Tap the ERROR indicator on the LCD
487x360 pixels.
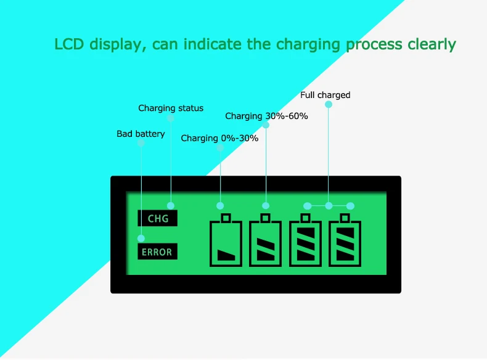[157, 252]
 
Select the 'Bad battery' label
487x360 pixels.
[141, 134]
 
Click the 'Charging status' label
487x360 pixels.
[171, 108]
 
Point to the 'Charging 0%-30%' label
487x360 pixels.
[219, 139]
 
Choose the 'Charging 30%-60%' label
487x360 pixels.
[266, 116]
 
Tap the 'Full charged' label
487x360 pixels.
[325, 95]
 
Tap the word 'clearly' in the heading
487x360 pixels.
[432, 45]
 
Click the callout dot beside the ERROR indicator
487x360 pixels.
[141, 239]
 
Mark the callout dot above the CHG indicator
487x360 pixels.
[171, 205]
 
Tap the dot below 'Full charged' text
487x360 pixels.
[329, 105]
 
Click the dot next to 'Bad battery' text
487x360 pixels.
[141, 142]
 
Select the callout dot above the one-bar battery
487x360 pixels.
[220, 205]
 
